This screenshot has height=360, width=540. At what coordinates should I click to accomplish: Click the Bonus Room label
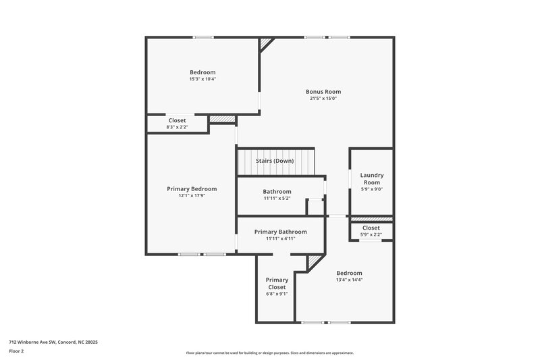click(323, 91)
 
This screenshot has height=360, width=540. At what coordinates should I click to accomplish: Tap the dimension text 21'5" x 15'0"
click(323, 99)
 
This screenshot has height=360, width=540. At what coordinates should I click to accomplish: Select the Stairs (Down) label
click(275, 161)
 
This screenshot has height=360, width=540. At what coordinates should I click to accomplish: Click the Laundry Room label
click(371, 178)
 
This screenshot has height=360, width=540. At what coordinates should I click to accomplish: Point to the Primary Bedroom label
click(192, 189)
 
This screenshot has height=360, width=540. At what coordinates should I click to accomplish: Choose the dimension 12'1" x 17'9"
click(192, 197)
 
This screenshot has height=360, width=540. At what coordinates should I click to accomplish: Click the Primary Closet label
click(277, 283)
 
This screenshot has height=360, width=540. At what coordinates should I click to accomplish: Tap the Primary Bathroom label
click(280, 232)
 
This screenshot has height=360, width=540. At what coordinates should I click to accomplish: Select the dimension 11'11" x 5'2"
click(277, 199)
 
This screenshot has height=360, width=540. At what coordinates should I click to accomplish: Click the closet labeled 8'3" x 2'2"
click(177, 127)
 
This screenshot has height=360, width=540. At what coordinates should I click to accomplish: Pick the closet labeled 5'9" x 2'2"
click(371, 234)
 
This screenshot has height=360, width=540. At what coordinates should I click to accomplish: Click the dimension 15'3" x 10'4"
click(202, 79)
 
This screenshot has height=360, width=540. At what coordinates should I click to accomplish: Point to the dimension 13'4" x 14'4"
click(349, 280)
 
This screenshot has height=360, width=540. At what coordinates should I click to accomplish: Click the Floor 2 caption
click(16, 351)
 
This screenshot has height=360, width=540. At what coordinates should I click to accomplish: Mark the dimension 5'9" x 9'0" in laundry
click(371, 190)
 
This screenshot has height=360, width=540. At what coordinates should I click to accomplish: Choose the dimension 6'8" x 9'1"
click(277, 294)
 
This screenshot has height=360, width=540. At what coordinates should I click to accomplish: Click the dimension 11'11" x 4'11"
click(280, 238)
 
